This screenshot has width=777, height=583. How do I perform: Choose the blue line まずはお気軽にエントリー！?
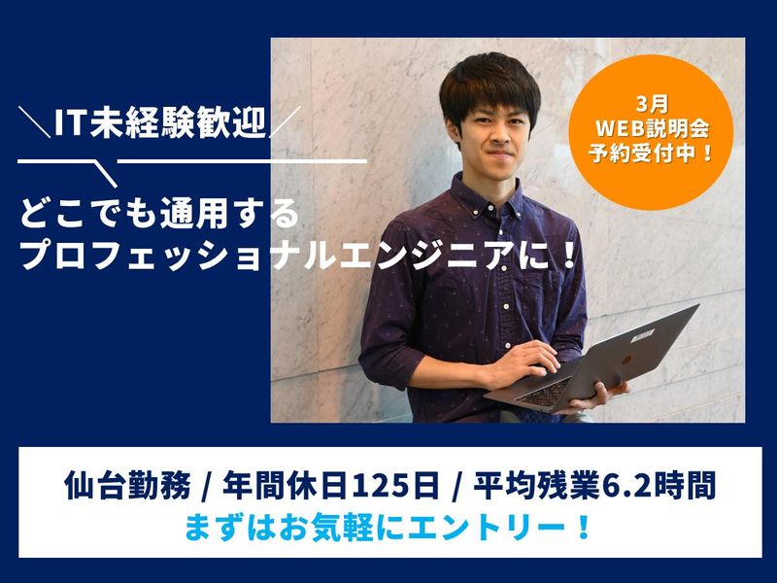(x=388, y=530)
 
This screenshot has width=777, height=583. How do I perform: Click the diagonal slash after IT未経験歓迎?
(x=283, y=122)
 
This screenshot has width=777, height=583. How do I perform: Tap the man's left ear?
(x=536, y=130)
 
